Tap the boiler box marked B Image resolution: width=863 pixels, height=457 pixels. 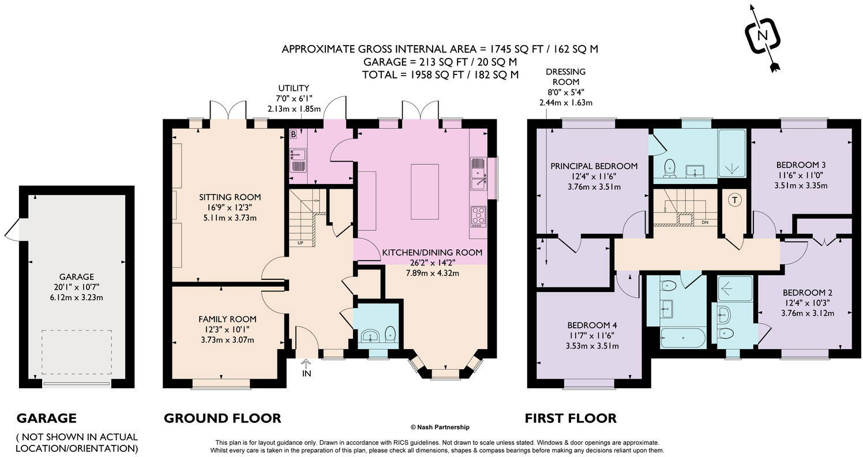[294, 134]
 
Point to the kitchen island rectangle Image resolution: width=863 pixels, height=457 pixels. [425, 192]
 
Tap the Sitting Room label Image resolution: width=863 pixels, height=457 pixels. [230, 197]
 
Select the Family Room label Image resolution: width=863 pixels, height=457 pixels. [227, 319]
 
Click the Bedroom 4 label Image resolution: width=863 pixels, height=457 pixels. [592, 325]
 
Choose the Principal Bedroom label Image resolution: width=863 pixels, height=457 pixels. [594, 166]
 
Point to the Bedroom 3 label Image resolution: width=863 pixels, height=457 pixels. [801, 165]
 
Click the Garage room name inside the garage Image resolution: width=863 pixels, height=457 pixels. [76, 276]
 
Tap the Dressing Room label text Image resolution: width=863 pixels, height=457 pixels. [565, 77]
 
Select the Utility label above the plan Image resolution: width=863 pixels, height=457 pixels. [294, 88]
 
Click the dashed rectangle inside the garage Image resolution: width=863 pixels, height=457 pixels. [77, 352]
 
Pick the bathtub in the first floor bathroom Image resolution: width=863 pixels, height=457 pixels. [682, 338]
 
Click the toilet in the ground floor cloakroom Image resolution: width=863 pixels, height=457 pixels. [391, 334]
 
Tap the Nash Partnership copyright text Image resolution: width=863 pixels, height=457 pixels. [440, 427]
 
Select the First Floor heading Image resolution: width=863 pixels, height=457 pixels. [571, 418]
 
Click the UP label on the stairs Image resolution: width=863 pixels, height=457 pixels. [300, 243]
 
